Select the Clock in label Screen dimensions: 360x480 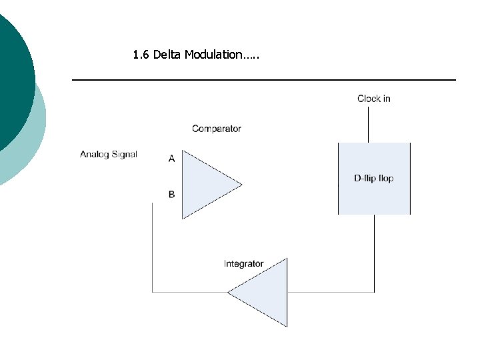373,99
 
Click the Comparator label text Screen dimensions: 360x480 216,129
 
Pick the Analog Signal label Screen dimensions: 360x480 109,154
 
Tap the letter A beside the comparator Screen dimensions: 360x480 172,158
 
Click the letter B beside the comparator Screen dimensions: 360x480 172,195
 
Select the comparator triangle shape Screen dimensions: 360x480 203,183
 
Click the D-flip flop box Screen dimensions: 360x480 374,197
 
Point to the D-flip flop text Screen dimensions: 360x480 374,179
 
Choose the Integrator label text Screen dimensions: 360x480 243,264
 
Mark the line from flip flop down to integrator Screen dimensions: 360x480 374,253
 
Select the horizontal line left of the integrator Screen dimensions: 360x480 190,292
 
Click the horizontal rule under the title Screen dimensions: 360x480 263,80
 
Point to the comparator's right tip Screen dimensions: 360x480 241,183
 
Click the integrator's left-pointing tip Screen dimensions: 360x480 229,292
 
